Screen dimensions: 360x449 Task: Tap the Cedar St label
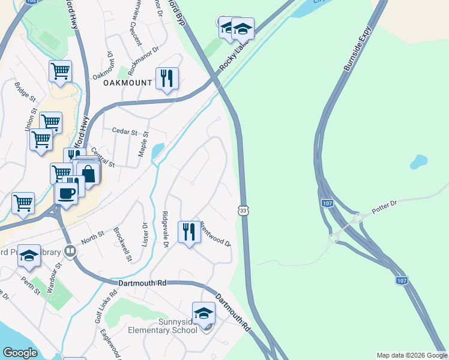tap(125, 131)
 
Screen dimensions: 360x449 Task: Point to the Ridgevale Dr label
tap(165, 229)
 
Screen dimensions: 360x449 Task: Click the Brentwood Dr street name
tap(215, 234)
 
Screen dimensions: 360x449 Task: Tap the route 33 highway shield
tap(243, 211)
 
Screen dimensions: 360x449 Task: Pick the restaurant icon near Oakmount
tap(166, 78)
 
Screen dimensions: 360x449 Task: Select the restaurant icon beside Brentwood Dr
tap(189, 231)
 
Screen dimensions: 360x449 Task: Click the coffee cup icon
tap(65, 193)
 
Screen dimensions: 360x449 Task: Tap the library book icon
tap(70, 251)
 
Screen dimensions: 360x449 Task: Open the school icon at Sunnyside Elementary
tap(203, 313)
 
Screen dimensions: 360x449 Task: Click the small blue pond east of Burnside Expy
tap(418, 161)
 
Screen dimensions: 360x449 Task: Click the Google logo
tap(20, 353)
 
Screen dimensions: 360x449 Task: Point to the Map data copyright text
tap(412, 355)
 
